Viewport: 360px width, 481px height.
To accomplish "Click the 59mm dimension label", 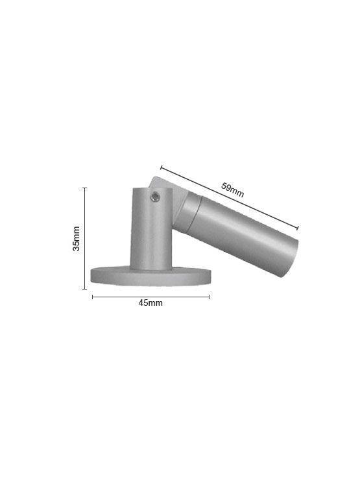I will pyautogui.click(x=233, y=190).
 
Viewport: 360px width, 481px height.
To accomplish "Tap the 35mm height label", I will pyautogui.click(x=77, y=239).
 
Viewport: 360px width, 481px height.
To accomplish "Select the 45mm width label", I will pyautogui.click(x=150, y=303).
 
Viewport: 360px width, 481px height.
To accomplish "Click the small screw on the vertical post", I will pyautogui.click(x=156, y=195).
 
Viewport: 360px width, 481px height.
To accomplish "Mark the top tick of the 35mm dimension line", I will pyautogui.click(x=85, y=188).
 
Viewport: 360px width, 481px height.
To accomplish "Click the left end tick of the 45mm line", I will pyautogui.click(x=93, y=297).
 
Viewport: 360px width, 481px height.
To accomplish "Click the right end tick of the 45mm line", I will pyautogui.click(x=209, y=297).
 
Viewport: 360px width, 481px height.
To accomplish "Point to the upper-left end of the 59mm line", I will pyautogui.click(x=161, y=167).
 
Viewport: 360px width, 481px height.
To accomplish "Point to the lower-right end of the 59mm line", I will pyautogui.click(x=298, y=228).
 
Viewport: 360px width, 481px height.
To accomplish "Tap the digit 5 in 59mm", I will pyautogui.click(x=224, y=186).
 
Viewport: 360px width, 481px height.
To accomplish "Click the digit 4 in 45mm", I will pyautogui.click(x=141, y=303).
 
